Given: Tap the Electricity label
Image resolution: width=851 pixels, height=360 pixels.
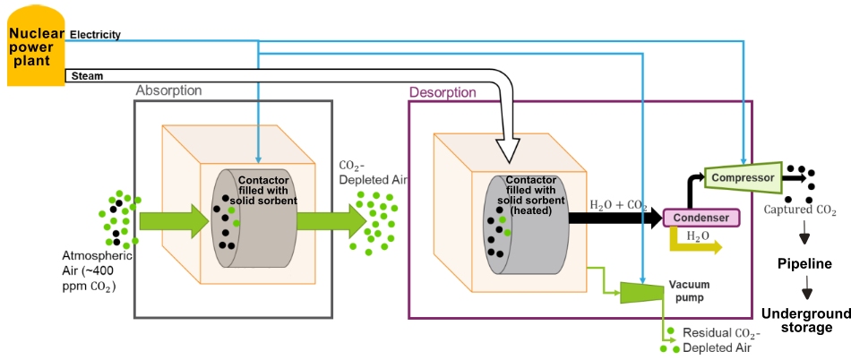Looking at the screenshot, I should point(95,35).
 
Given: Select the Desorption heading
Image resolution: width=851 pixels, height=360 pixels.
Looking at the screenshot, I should point(443,92).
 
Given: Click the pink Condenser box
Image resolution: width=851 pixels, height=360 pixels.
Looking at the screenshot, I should point(701,217).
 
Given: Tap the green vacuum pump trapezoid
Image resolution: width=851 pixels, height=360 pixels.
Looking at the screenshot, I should point(640,290).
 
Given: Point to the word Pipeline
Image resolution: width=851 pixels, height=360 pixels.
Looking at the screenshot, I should point(804,264).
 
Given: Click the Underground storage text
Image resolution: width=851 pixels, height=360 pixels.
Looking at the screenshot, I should point(804,320).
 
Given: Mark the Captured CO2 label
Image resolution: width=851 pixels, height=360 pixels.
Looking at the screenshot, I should point(800,211).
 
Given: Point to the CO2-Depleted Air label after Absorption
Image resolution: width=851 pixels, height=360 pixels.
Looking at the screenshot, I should point(373,173).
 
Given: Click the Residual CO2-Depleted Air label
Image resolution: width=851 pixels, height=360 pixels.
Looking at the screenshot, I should point(721,340).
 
